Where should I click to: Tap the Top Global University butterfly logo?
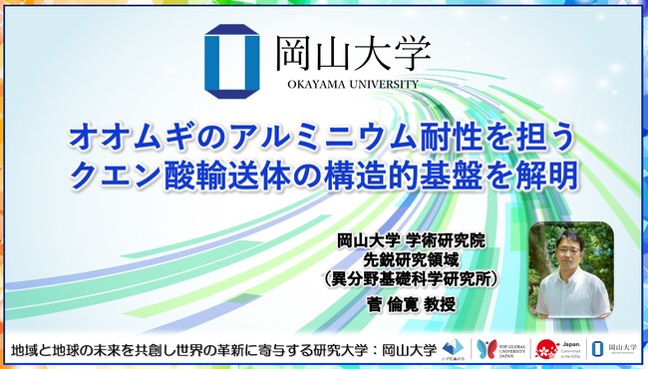coord(486,349)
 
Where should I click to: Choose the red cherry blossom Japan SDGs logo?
coord(546,349)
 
